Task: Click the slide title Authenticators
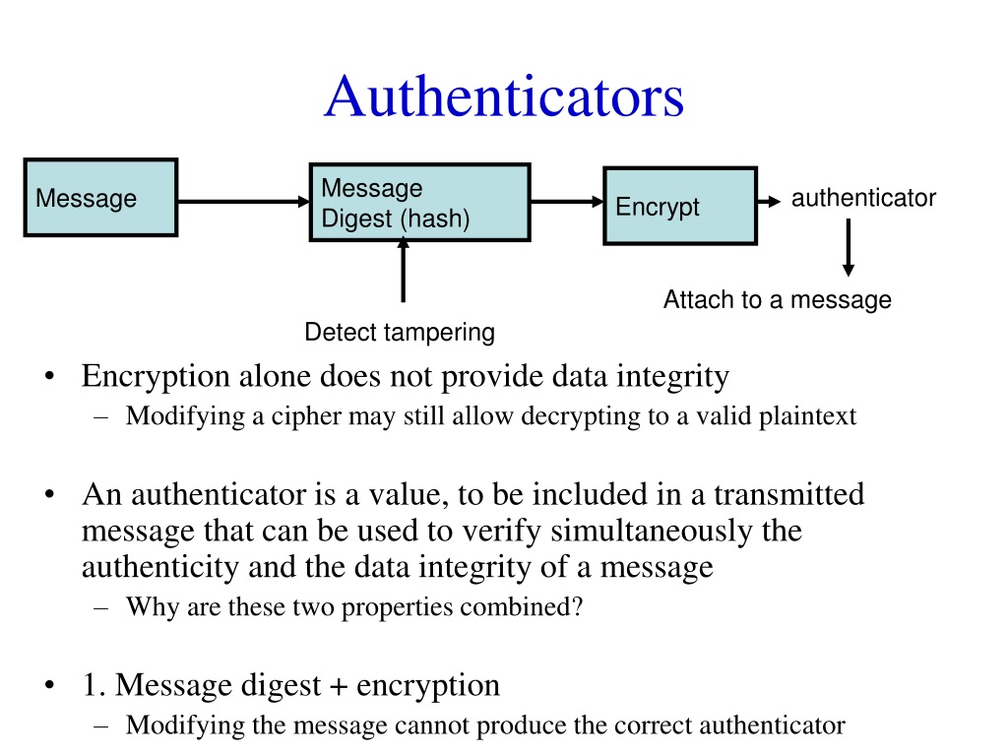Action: (x=503, y=97)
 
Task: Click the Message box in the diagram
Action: (x=100, y=198)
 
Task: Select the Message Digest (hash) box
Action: (x=420, y=203)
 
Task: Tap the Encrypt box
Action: (x=680, y=206)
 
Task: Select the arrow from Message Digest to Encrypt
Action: (x=566, y=202)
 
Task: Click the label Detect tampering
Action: (x=400, y=333)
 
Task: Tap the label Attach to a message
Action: (x=777, y=300)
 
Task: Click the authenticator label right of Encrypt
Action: (x=863, y=198)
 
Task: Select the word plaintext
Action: (x=807, y=416)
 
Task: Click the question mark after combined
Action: (x=578, y=607)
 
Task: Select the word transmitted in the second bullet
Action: (x=788, y=494)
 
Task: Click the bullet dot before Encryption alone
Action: (x=49, y=378)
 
